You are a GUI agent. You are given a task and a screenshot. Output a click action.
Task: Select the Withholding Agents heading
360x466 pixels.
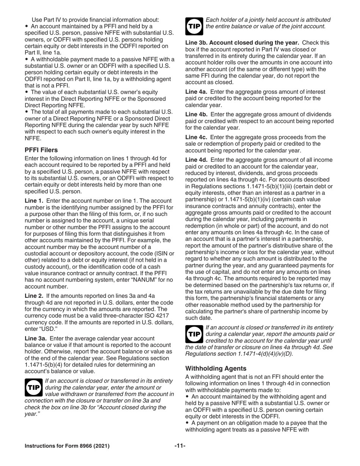[216, 368]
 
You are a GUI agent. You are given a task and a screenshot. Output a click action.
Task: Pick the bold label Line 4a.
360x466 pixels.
[196, 92]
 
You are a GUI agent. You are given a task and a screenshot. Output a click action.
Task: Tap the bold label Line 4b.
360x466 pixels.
[196, 114]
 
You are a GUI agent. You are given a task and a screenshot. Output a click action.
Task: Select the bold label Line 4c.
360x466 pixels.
[196, 137]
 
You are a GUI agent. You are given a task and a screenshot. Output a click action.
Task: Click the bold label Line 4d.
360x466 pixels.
[196, 160]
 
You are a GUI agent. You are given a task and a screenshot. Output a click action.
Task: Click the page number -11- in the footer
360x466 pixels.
[180, 446]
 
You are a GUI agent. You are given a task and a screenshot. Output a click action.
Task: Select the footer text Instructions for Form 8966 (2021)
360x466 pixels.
[67, 446]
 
